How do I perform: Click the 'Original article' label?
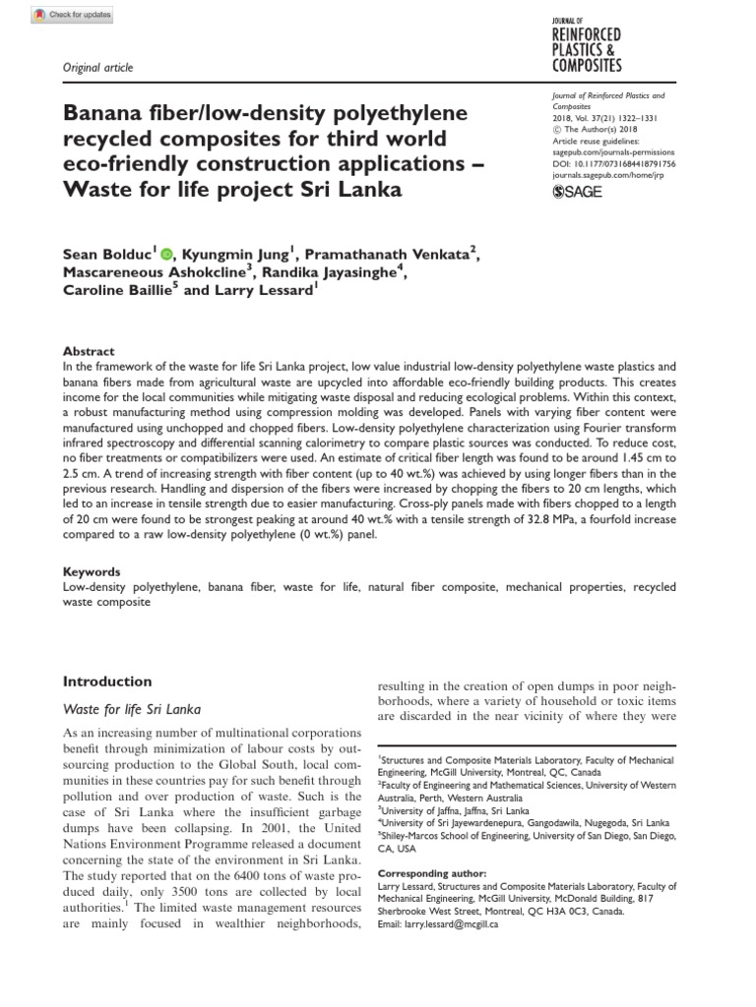click(97, 68)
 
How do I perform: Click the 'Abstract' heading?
click(89, 351)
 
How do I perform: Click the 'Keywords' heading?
click(92, 571)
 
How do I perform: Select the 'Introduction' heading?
click(107, 681)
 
